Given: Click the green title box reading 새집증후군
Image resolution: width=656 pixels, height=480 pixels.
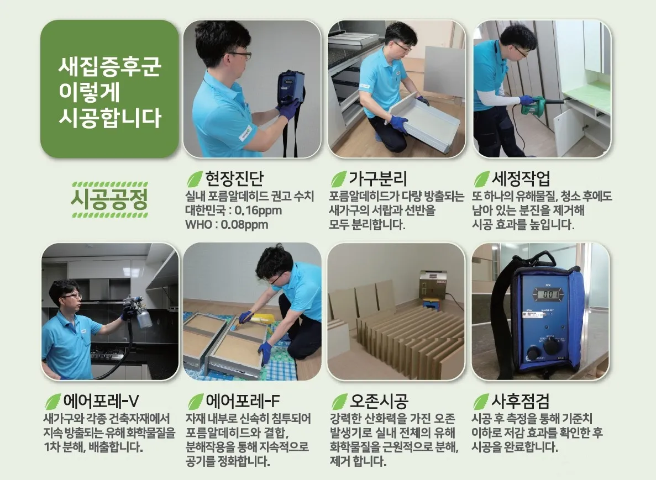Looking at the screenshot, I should click(x=109, y=89).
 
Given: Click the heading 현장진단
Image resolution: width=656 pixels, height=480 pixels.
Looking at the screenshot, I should click(x=234, y=178).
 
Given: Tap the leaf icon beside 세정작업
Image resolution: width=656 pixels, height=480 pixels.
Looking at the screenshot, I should click(x=481, y=179).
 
